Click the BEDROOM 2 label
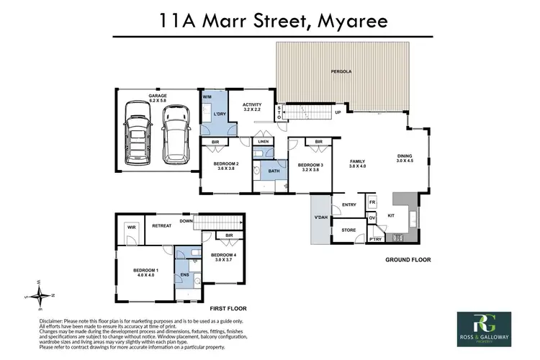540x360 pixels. click(226, 164)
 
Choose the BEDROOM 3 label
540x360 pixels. click(310, 166)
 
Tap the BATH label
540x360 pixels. click(274, 171)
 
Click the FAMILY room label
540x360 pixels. click(358, 162)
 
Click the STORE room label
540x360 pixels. click(348, 231)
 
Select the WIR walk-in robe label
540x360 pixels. click(131, 226)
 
